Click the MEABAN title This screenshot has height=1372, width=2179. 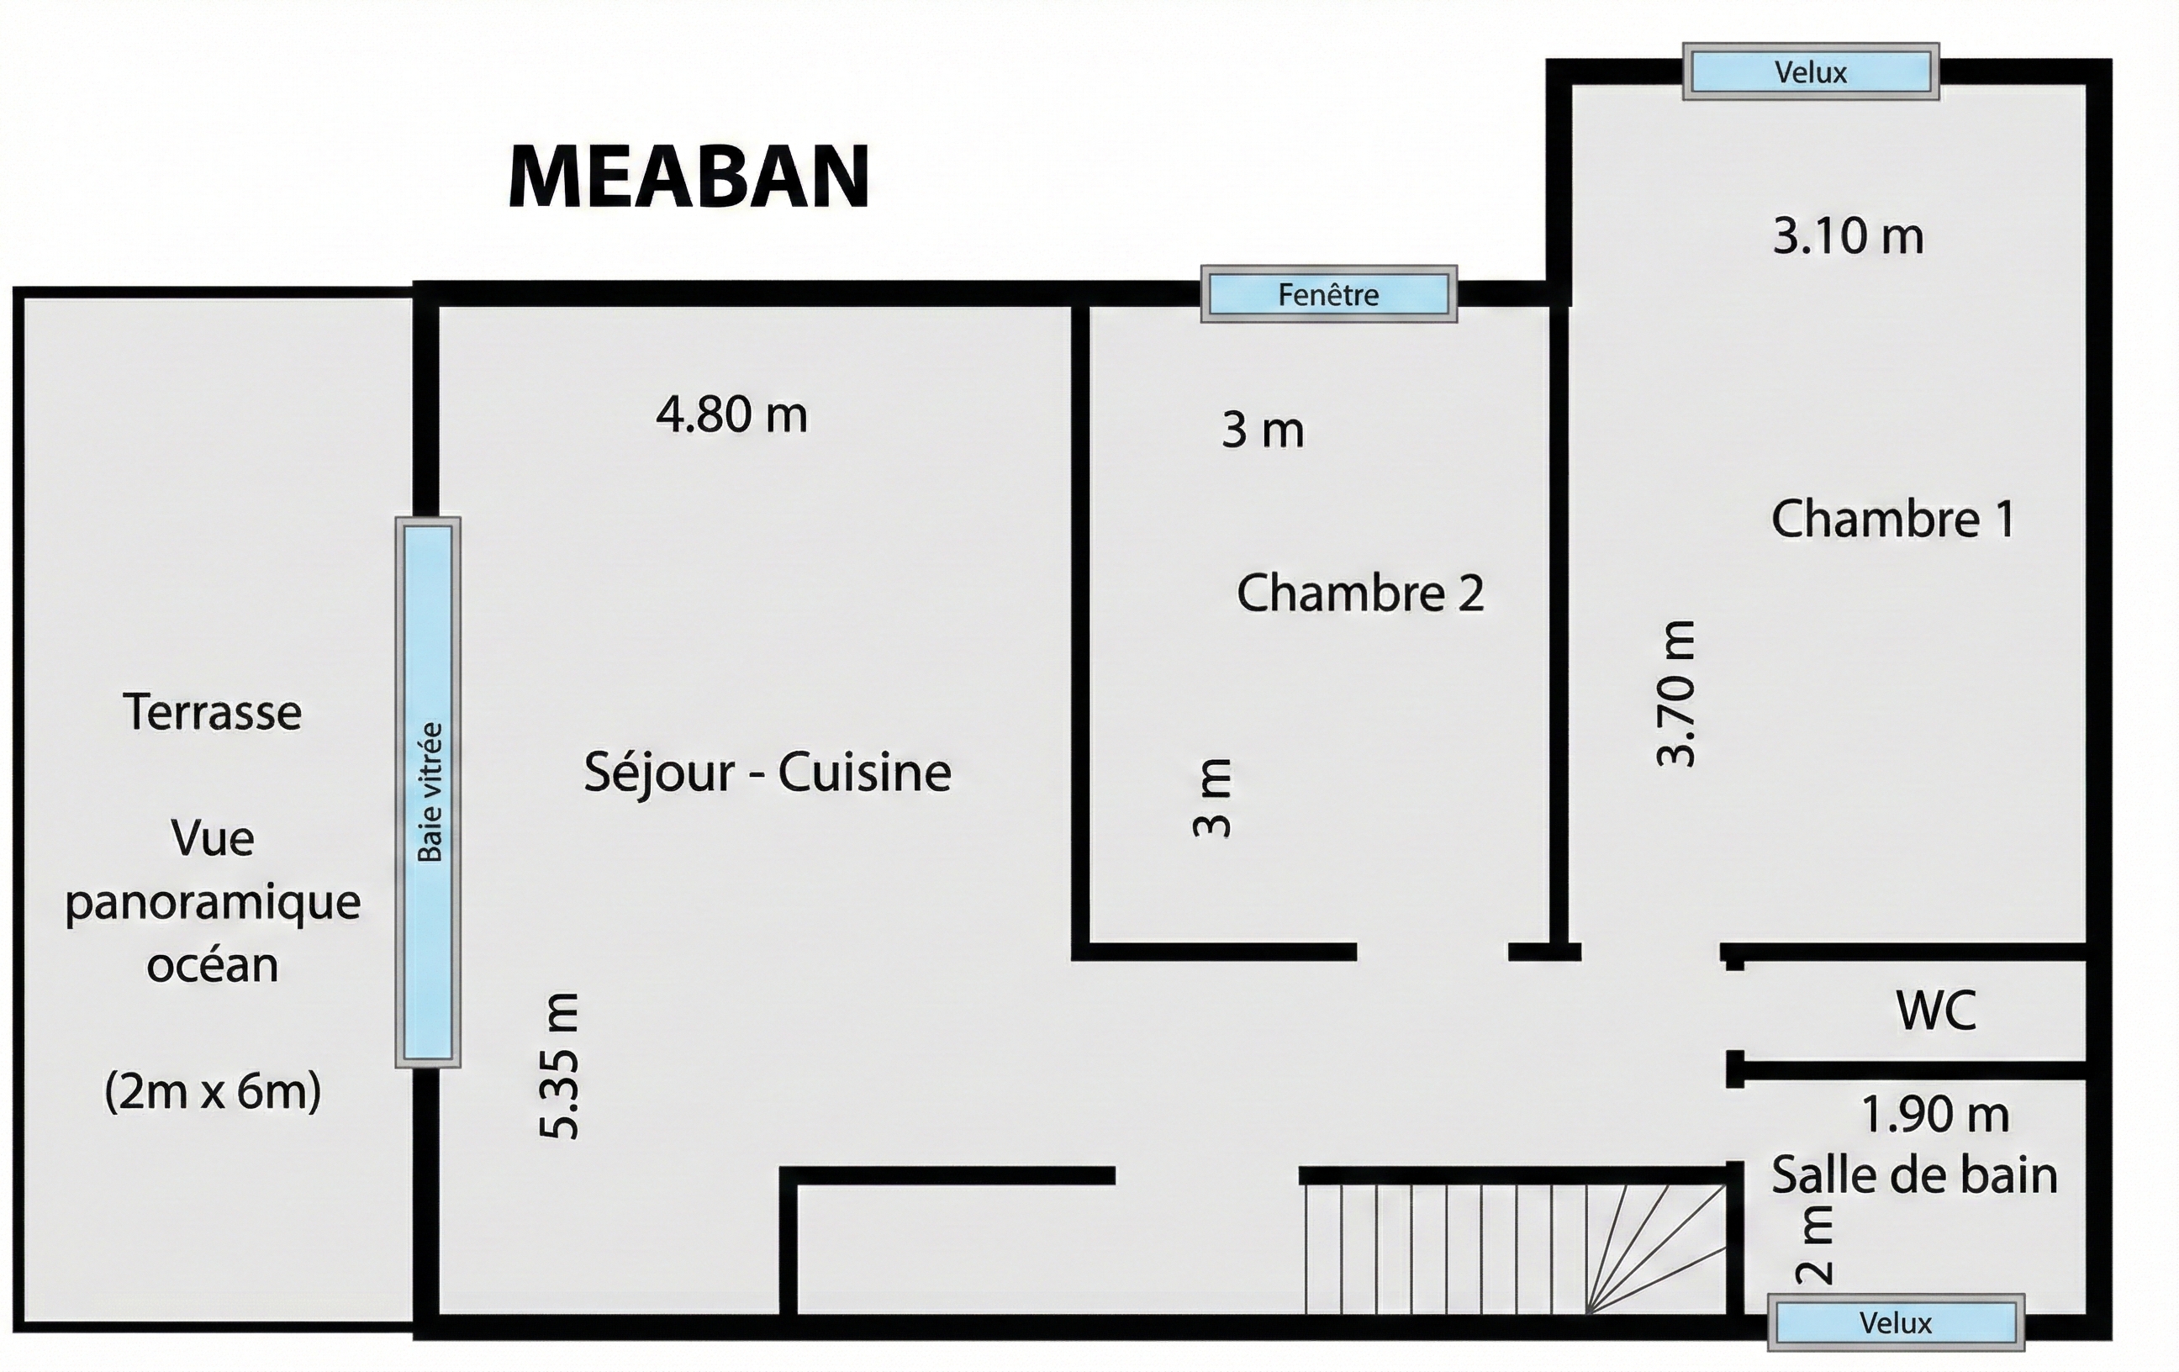[x=689, y=177]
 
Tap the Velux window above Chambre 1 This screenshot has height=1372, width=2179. [x=1811, y=71]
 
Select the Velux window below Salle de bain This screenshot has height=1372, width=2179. [x=1896, y=1323]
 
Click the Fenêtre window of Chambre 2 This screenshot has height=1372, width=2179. [x=1328, y=294]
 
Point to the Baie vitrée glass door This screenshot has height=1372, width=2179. [x=428, y=792]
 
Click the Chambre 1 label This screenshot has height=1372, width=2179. [x=1893, y=520]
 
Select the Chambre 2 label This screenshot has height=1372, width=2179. [x=1360, y=594]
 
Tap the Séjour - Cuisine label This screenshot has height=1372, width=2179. [x=768, y=773]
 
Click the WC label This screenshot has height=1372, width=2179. [x=1935, y=1010]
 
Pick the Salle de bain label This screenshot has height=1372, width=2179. [x=1914, y=1175]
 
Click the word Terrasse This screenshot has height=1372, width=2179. [x=213, y=712]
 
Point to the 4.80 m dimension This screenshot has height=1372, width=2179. [x=731, y=415]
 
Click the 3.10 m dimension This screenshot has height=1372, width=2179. [x=1848, y=237]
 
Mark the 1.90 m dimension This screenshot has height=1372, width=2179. [x=1934, y=1115]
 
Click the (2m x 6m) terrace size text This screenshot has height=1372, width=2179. [x=213, y=1091]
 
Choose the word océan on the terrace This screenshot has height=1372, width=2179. [x=213, y=966]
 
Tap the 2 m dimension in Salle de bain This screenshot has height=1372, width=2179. [x=1814, y=1246]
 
